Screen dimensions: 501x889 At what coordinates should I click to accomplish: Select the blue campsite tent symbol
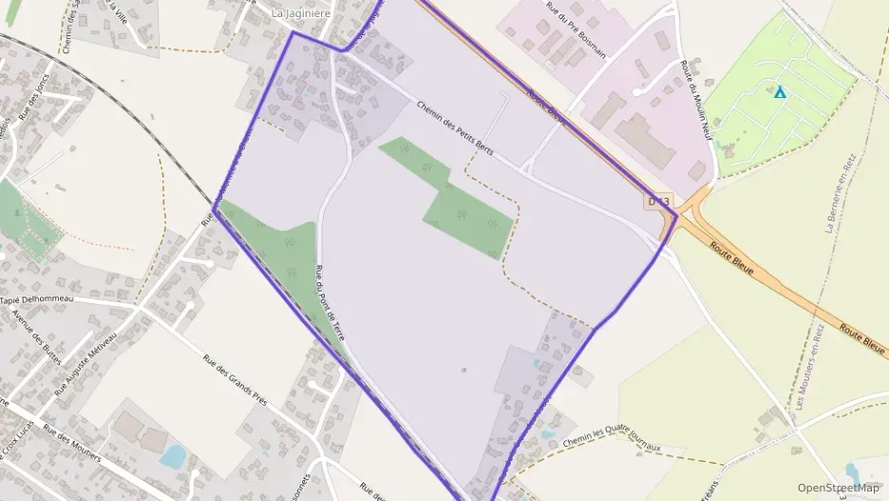click(780, 92)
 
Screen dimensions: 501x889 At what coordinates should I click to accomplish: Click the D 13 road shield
click(659, 202)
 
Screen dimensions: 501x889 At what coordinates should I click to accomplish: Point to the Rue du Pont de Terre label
click(331, 303)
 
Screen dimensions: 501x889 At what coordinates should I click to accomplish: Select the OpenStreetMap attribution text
click(840, 488)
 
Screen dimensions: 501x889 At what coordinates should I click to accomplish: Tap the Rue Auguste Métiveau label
click(85, 363)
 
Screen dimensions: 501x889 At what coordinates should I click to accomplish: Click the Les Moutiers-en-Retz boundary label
click(807, 367)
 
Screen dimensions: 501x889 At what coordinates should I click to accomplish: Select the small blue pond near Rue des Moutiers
click(173, 457)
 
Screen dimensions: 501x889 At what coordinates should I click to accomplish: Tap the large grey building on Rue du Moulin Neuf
click(645, 141)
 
